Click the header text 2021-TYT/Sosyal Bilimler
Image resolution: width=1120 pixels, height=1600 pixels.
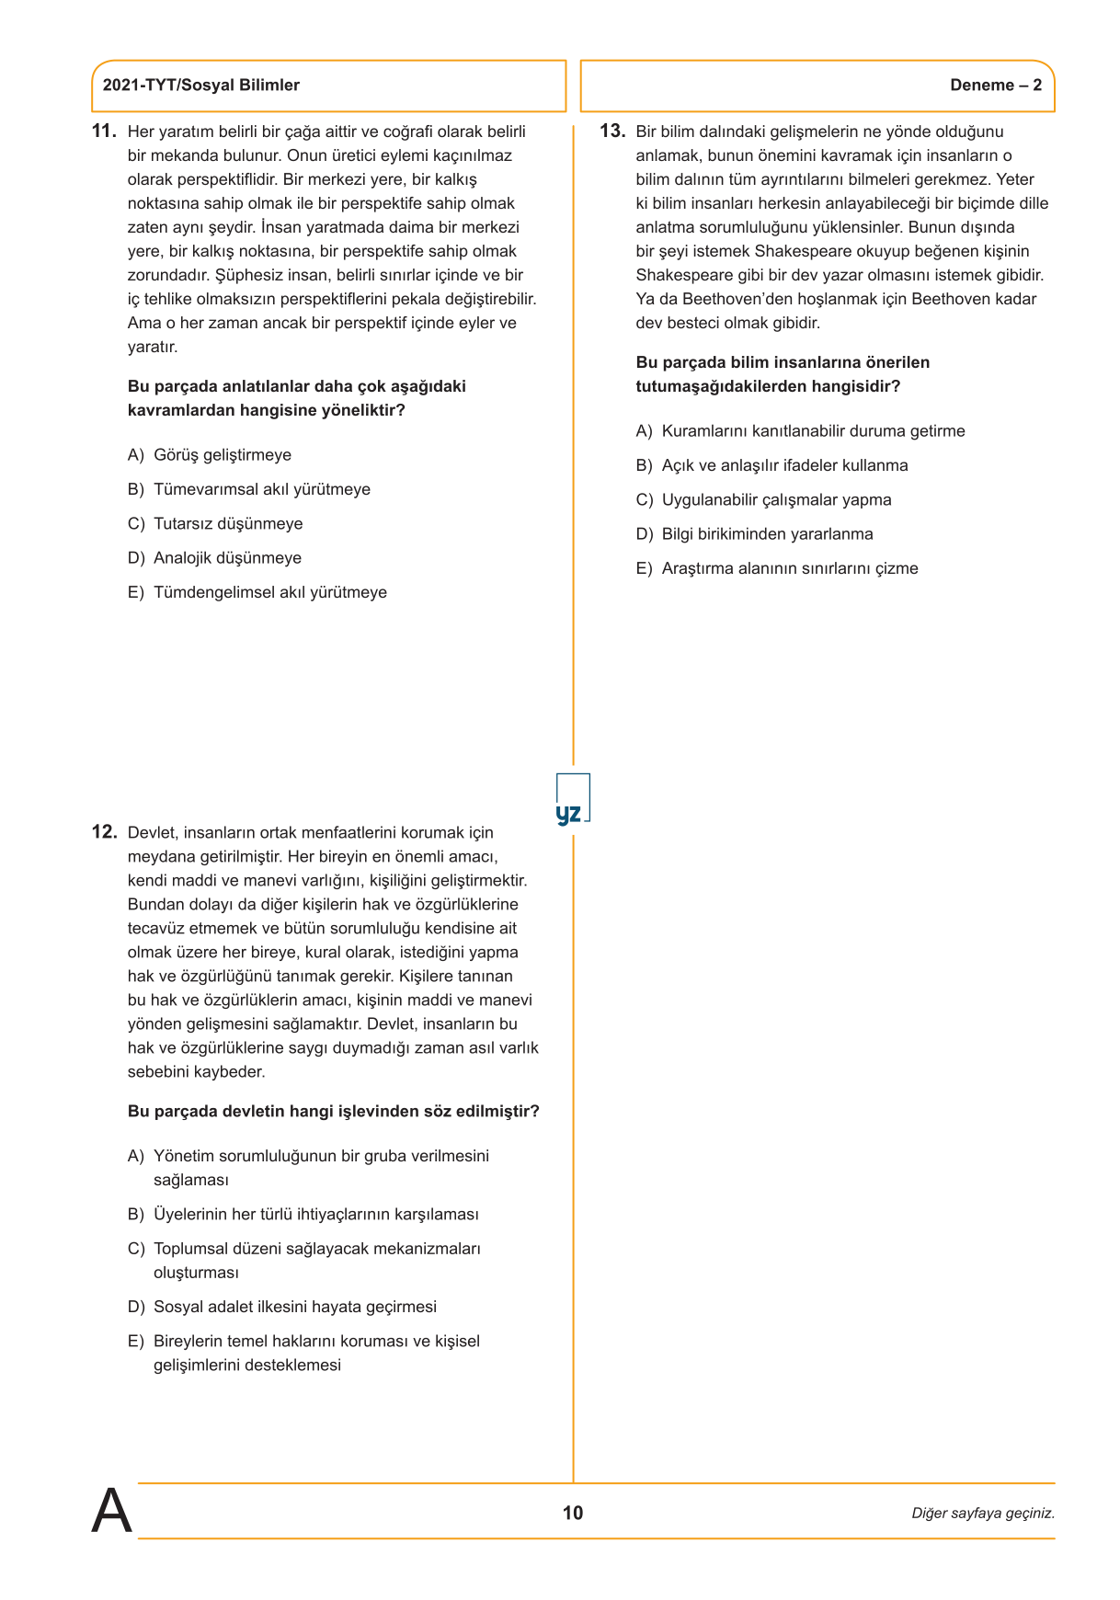click(200, 86)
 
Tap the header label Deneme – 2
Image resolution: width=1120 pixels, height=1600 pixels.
click(995, 86)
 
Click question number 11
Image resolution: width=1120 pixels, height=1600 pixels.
click(104, 131)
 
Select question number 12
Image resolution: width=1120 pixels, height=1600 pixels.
click(104, 832)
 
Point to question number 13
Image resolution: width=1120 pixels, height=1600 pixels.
click(612, 131)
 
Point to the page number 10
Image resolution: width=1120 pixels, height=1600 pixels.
click(572, 1513)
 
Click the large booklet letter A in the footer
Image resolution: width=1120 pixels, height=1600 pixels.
click(111, 1511)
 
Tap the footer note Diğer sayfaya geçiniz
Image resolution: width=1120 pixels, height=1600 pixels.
click(982, 1514)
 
